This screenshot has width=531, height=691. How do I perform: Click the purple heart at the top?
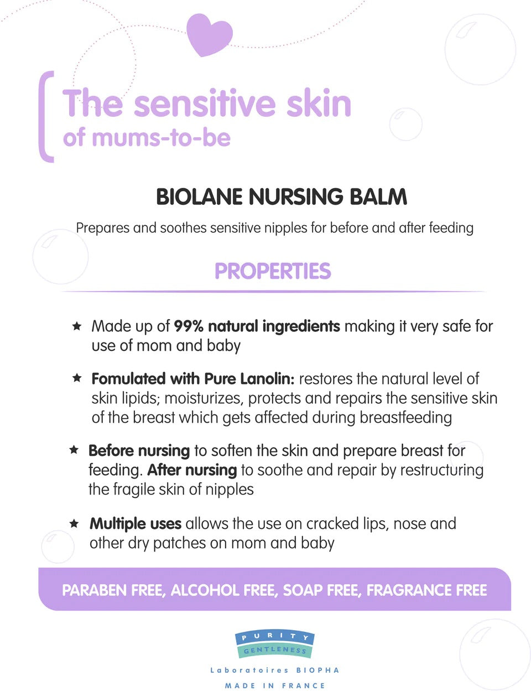[x=209, y=34]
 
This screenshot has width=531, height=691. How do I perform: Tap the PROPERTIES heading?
[x=273, y=271]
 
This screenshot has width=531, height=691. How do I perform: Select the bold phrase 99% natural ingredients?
[x=257, y=326]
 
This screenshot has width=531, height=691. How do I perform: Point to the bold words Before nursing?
[x=139, y=450]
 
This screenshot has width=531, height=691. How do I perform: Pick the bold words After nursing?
[x=192, y=470]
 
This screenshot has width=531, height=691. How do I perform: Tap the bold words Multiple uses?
[x=136, y=523]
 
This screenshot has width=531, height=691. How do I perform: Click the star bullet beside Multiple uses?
[x=74, y=523]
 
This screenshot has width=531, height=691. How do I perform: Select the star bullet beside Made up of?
[x=77, y=326]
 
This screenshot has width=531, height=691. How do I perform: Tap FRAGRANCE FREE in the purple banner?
[x=426, y=590]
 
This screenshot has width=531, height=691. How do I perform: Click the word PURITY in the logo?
[x=275, y=637]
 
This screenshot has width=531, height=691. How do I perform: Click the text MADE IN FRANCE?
[x=275, y=685]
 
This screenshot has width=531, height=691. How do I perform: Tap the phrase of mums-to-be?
[x=147, y=138]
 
